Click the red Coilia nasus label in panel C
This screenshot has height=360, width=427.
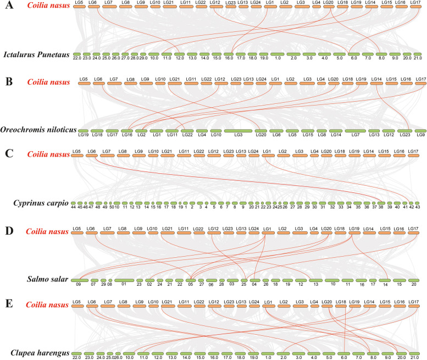point(49,156)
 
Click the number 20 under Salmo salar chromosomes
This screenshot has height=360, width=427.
point(413,284)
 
